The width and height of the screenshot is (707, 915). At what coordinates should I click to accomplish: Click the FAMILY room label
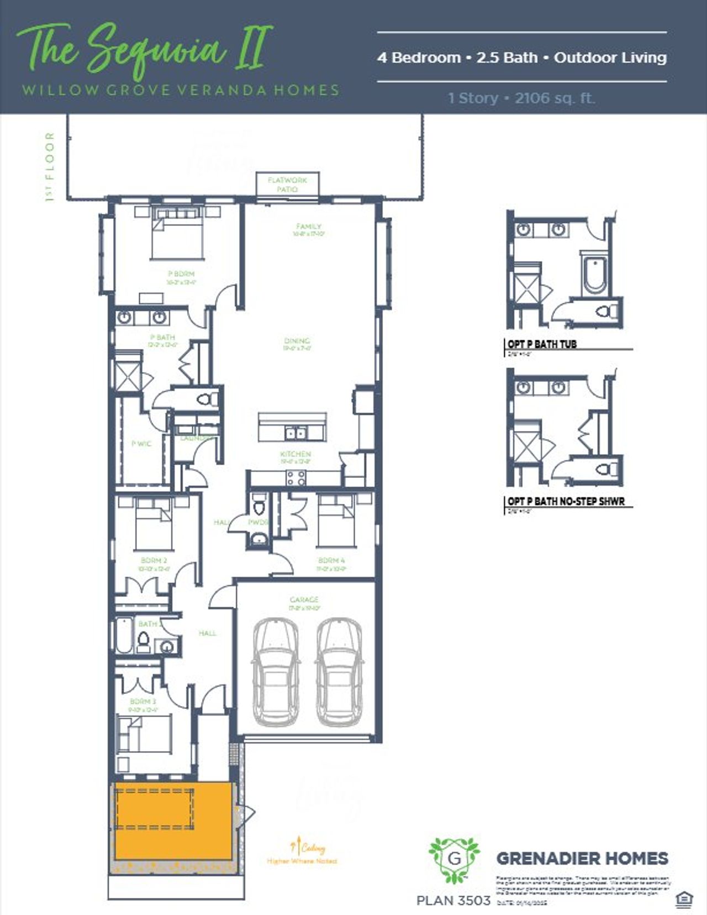[308, 227]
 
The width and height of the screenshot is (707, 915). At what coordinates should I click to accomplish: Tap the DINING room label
[297, 341]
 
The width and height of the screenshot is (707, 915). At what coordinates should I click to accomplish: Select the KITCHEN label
[296, 454]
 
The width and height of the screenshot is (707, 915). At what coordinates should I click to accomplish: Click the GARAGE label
[304, 600]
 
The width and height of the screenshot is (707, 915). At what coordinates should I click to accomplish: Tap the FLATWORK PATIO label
[287, 185]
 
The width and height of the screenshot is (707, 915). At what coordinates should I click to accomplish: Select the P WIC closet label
[141, 444]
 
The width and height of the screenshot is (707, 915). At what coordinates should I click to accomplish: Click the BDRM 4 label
[331, 561]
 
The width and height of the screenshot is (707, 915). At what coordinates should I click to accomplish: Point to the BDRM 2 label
[154, 561]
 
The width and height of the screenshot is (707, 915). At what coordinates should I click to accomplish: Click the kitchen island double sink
[295, 432]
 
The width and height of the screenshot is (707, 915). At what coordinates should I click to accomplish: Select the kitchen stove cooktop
[296, 478]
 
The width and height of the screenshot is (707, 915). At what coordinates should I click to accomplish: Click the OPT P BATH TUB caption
[542, 344]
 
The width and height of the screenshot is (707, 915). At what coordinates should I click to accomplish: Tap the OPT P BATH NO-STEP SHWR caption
[566, 502]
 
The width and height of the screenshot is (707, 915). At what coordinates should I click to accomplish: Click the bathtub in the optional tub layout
[594, 275]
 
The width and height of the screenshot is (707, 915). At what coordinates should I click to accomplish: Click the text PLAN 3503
[453, 901]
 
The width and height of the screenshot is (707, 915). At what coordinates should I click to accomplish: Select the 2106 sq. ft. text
[555, 98]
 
